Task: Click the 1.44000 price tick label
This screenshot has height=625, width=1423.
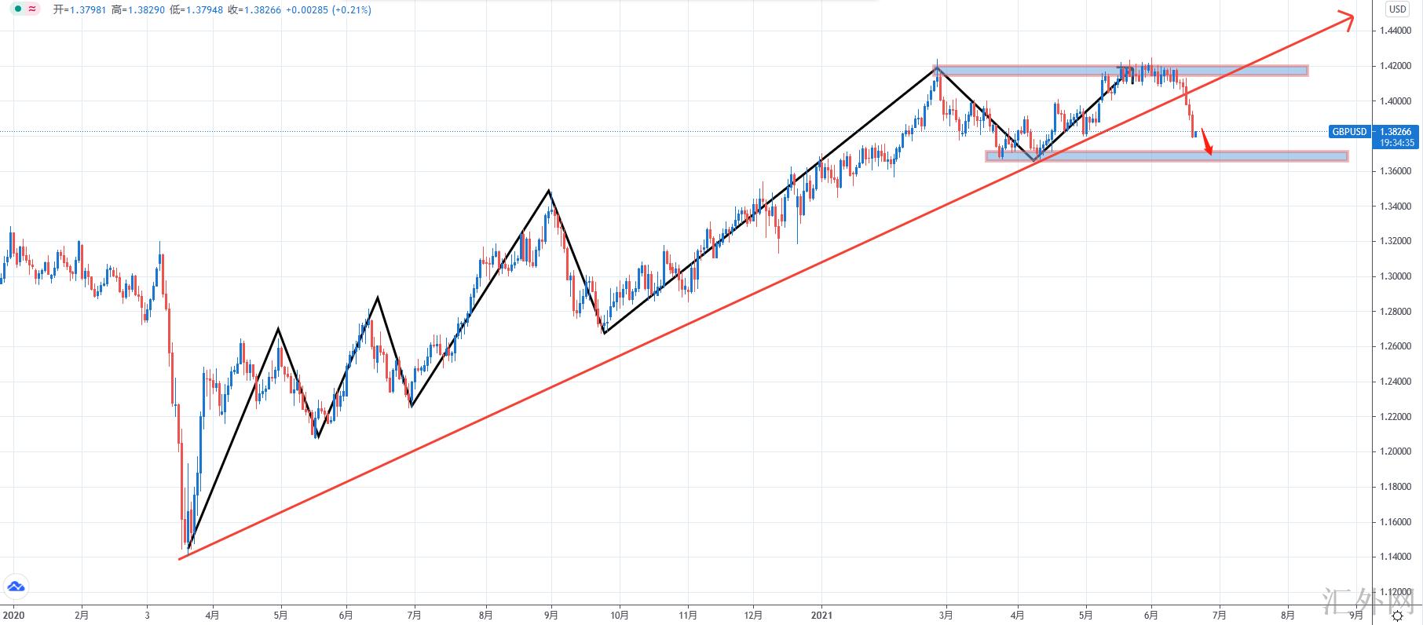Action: (x=1395, y=31)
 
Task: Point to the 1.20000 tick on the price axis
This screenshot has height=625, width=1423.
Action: (x=1395, y=451)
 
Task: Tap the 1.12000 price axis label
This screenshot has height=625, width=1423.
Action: (x=1395, y=592)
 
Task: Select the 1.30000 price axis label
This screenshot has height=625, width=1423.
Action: (x=1395, y=276)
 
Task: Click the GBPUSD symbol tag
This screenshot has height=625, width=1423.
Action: (x=1349, y=132)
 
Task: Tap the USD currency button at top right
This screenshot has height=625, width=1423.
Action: (x=1396, y=9)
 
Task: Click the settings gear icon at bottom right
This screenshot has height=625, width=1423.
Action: (x=1397, y=616)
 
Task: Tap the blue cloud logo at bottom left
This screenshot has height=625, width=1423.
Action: (x=16, y=587)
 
